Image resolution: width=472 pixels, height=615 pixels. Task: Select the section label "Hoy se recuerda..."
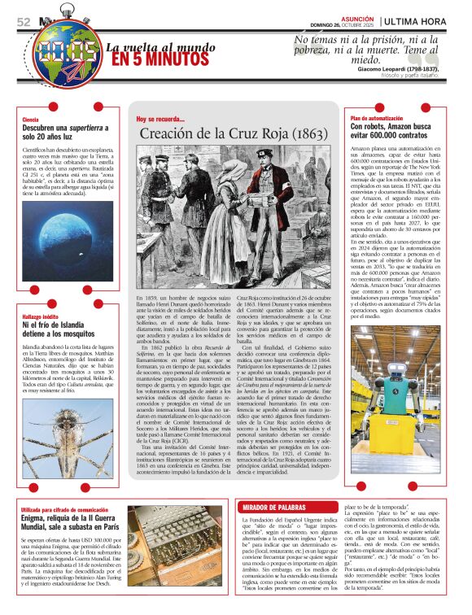(161, 119)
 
